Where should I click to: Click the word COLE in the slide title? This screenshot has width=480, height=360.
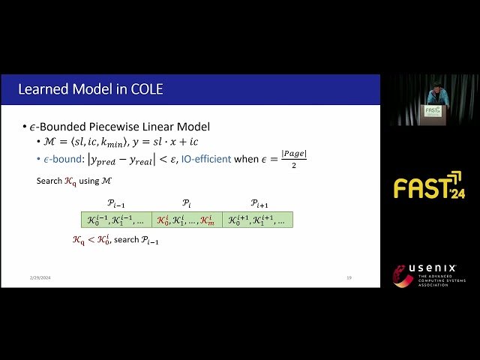pyautogui.click(x=145, y=91)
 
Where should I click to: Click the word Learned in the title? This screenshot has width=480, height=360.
pyautogui.click(x=43, y=91)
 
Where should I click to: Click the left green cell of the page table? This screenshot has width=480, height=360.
pyautogui.click(x=116, y=220)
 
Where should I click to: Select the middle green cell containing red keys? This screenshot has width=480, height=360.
pyautogui.click(x=187, y=220)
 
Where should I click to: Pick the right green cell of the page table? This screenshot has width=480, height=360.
pyautogui.click(x=257, y=220)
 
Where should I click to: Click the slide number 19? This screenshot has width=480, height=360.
pyautogui.click(x=349, y=278)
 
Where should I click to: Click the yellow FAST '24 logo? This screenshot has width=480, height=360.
pyautogui.click(x=428, y=186)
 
